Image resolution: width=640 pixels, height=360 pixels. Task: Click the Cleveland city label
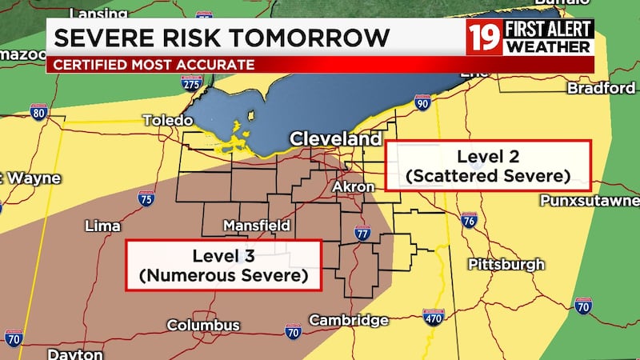pyautogui.click(x=335, y=138)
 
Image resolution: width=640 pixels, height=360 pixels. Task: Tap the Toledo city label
pyautogui.click(x=167, y=120)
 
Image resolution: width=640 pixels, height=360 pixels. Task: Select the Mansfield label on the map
pyautogui.click(x=256, y=226)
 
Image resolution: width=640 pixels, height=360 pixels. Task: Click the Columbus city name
pyautogui.click(x=203, y=325)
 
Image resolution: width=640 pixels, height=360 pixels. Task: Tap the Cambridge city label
pyautogui.click(x=349, y=320)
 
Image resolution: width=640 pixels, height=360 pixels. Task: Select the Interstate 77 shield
pyautogui.click(x=362, y=234)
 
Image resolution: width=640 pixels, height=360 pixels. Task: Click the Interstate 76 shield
pyautogui.click(x=469, y=220)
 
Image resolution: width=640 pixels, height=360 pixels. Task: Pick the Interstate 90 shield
pyautogui.click(x=423, y=102)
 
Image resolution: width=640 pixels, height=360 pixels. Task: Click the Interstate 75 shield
pyautogui.click(x=146, y=198)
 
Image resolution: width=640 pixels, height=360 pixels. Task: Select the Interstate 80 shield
pyautogui.click(x=38, y=112)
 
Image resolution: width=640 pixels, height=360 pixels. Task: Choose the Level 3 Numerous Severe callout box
pyautogui.click(x=223, y=265)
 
